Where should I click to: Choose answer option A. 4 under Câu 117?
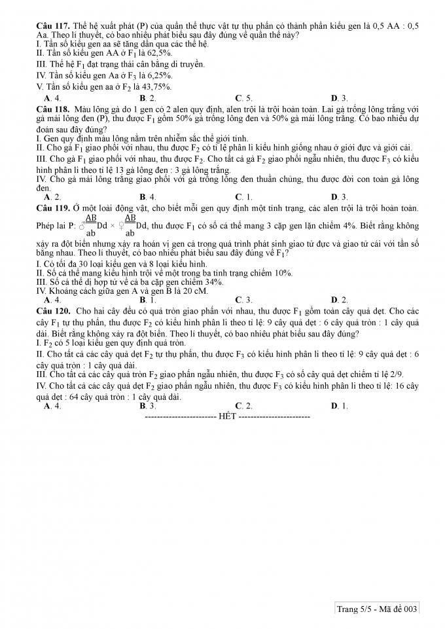[x=48, y=98]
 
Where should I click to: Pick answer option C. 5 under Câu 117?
[x=240, y=98]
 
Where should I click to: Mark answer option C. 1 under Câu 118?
[x=240, y=196]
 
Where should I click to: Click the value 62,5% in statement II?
[x=158, y=53]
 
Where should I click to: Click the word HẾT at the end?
[x=227, y=416]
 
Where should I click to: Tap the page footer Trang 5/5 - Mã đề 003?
[x=377, y=609]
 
